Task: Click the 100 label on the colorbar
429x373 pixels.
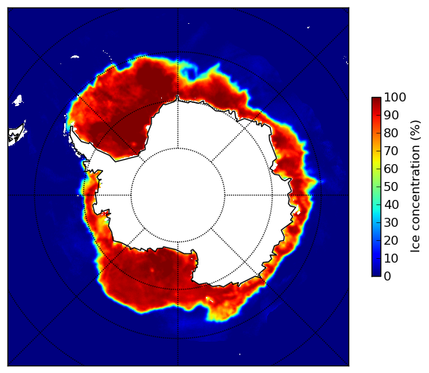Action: pos(395,97)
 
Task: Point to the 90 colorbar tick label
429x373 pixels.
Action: pos(391,115)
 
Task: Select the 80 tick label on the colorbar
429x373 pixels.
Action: pos(391,133)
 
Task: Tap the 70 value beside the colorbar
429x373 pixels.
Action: pos(391,151)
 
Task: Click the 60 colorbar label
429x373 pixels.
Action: pos(391,169)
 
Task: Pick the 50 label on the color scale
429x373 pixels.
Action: pos(391,186)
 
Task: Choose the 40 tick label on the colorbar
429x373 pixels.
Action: pos(391,204)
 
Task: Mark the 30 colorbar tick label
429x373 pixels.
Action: pos(391,222)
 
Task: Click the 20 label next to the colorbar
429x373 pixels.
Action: pos(391,240)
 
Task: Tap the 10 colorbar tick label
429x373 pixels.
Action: pos(391,258)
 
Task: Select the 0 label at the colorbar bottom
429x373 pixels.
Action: pos(388,276)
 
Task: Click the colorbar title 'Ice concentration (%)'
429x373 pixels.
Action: pos(416,186)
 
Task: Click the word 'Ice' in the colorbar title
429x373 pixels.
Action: pos(416,245)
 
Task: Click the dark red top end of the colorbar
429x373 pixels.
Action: pos(376,98)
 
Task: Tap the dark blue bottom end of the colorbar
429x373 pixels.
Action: pos(376,275)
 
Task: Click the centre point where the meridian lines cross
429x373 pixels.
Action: pos(178,195)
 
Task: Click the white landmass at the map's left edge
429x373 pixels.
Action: pos(16,134)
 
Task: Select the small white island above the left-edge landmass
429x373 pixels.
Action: pos(18,100)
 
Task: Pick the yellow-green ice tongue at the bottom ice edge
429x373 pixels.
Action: pos(219,315)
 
